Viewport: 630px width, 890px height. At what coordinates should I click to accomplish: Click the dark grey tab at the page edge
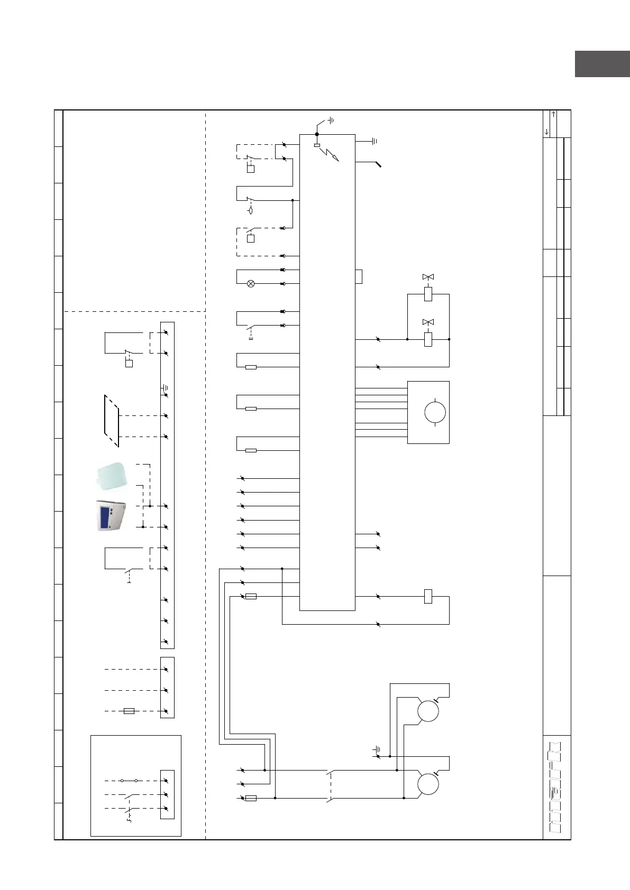tap(602, 64)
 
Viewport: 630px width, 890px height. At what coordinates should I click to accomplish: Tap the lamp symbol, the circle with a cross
tap(251, 284)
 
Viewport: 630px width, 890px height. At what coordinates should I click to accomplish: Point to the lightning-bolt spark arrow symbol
tap(330, 154)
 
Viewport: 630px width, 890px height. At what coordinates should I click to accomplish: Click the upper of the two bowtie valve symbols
tap(428, 277)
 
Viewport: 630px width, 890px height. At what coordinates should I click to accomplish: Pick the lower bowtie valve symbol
tap(428, 322)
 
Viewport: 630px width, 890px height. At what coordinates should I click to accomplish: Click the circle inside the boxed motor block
tap(435, 412)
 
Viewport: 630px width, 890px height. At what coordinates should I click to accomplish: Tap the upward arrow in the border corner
tap(553, 114)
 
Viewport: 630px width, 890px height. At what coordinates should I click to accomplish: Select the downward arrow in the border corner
tap(546, 132)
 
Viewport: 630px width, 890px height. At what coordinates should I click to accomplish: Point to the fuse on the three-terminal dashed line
tap(129, 711)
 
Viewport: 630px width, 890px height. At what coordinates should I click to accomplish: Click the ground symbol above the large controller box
tap(331, 120)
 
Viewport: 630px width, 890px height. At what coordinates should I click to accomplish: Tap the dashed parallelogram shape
tap(112, 421)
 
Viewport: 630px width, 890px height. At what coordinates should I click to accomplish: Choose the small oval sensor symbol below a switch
tap(250, 210)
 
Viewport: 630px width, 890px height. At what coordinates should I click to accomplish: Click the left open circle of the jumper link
tap(122, 781)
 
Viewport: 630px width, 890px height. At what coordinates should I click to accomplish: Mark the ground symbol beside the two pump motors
tap(377, 749)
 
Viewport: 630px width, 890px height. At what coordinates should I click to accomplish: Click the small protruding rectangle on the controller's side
tap(359, 276)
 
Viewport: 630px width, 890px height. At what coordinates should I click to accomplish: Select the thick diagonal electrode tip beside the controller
tap(379, 164)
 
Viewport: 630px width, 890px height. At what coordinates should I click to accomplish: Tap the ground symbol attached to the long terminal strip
tap(165, 388)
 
